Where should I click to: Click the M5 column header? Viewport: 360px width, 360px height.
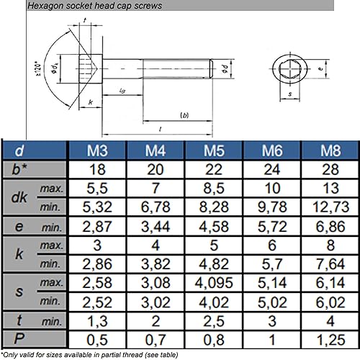point(214,150)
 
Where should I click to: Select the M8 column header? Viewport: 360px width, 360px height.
point(330,150)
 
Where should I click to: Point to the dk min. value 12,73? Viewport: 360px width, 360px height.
point(330,207)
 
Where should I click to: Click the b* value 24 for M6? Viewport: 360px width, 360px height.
point(272,169)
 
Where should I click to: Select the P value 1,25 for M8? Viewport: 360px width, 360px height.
point(330,338)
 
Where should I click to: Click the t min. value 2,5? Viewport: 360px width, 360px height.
point(214,320)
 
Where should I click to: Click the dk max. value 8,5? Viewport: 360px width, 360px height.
point(214,189)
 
